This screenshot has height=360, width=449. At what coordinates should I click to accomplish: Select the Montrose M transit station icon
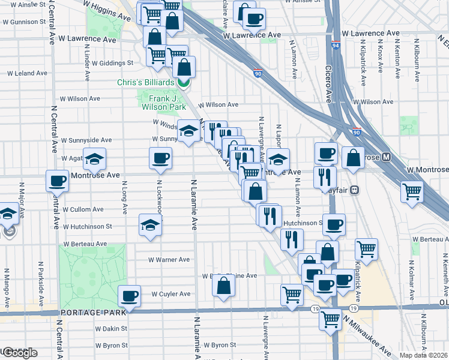(387, 157)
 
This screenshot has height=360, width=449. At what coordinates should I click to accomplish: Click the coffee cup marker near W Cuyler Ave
(130, 295)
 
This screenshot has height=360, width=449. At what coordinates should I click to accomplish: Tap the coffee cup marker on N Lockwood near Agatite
(160, 158)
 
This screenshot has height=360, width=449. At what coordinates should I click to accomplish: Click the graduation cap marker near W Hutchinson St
(150, 225)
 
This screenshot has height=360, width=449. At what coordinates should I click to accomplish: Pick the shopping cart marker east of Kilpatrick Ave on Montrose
(412, 191)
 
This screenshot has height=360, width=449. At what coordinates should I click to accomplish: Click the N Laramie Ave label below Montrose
(194, 204)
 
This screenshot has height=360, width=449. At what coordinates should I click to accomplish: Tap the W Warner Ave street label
(169, 260)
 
